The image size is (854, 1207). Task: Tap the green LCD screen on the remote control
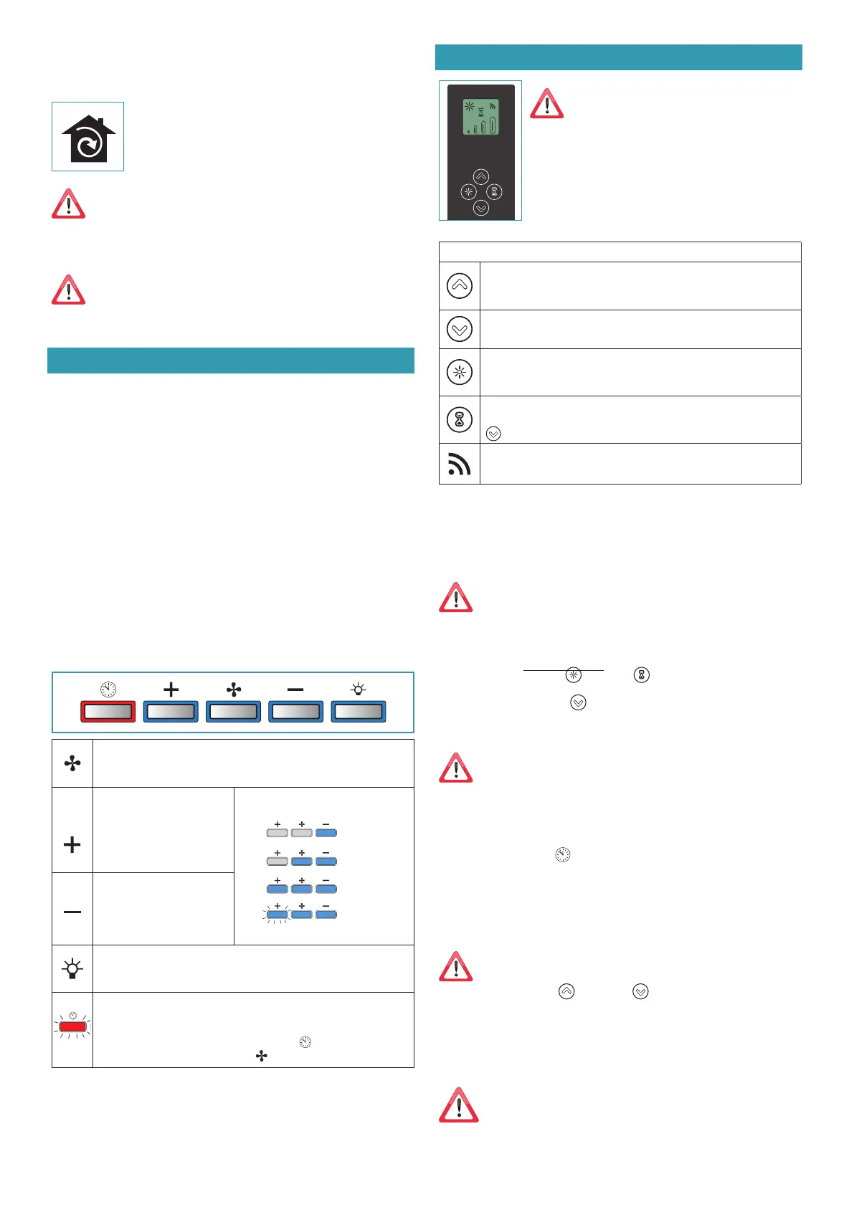(x=480, y=117)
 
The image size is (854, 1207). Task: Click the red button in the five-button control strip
(x=108, y=711)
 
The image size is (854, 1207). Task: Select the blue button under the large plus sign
(x=171, y=711)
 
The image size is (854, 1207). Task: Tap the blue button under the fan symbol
(x=233, y=711)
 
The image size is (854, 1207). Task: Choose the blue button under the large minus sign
(x=295, y=711)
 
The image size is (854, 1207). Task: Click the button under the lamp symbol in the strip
(x=359, y=711)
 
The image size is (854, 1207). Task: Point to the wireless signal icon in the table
(x=459, y=464)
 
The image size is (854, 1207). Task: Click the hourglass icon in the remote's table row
(x=459, y=420)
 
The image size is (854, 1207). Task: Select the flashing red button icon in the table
(x=72, y=1026)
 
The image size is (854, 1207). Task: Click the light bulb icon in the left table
(x=72, y=969)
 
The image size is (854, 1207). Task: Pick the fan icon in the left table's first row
(x=72, y=763)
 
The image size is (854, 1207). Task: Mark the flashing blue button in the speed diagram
(x=277, y=915)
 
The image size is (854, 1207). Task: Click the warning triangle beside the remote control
(x=547, y=104)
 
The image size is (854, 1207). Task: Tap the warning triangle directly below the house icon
(x=69, y=205)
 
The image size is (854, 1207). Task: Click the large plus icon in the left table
(x=72, y=844)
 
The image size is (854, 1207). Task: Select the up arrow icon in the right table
(x=459, y=286)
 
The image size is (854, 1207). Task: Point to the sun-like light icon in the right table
(x=459, y=373)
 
